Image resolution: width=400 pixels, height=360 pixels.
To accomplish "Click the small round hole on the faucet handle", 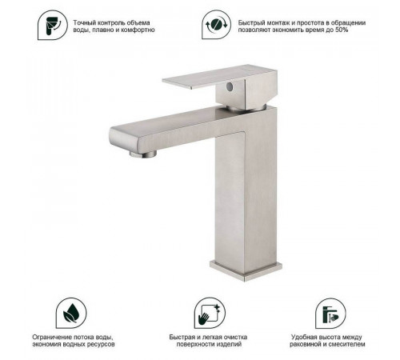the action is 229,86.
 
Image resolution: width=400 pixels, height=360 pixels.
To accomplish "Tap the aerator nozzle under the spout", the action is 143,154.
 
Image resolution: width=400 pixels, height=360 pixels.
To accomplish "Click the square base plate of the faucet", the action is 246,270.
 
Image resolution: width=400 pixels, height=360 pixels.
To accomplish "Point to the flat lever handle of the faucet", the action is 214,78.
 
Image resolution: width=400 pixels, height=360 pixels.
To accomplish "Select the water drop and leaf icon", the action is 71,313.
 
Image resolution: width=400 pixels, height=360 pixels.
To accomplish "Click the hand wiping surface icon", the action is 210,313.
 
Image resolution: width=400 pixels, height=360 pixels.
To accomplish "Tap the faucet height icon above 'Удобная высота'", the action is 330,314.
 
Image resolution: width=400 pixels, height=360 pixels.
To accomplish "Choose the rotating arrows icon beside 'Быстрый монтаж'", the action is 216,25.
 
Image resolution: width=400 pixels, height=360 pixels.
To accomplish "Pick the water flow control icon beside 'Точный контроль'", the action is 53,25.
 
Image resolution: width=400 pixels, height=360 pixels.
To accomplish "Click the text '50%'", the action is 342,30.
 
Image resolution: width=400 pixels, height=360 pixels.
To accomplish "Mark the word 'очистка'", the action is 236,338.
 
